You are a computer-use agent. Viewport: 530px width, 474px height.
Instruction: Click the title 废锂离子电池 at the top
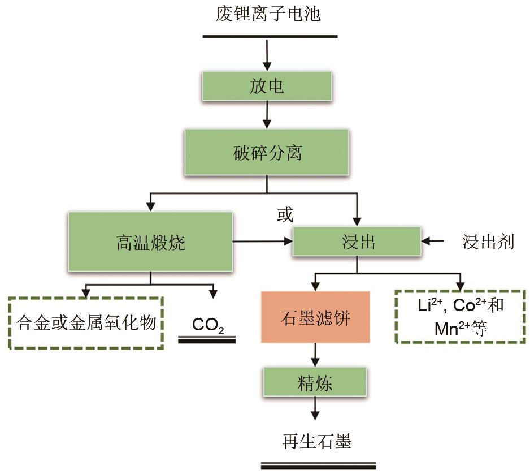(x=268, y=14)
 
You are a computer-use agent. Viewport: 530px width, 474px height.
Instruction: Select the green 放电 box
(x=267, y=87)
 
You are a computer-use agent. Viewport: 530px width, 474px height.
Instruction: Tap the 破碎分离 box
(x=267, y=153)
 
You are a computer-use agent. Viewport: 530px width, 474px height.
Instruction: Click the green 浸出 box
(x=357, y=243)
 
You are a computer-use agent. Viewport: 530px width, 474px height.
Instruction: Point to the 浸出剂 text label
(x=488, y=242)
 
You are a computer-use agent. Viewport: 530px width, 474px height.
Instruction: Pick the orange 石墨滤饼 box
(x=315, y=317)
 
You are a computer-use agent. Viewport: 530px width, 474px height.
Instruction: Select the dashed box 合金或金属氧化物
(x=86, y=322)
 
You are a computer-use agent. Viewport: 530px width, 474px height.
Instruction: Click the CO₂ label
(x=207, y=325)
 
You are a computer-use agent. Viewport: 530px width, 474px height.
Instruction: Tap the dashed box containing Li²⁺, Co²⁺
(x=461, y=316)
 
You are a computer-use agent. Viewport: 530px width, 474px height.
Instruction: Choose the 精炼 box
(x=315, y=383)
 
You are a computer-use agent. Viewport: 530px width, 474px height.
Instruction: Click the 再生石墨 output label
(x=317, y=440)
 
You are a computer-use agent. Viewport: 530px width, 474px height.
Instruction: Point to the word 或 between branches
(x=285, y=214)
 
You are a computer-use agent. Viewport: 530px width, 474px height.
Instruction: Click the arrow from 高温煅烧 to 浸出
(x=263, y=242)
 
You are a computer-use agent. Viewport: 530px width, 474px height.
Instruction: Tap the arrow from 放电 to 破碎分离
(x=267, y=115)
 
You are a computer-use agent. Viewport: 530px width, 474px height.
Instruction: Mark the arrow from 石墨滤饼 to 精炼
(x=315, y=354)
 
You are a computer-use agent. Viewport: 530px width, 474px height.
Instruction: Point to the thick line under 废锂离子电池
(x=270, y=37)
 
